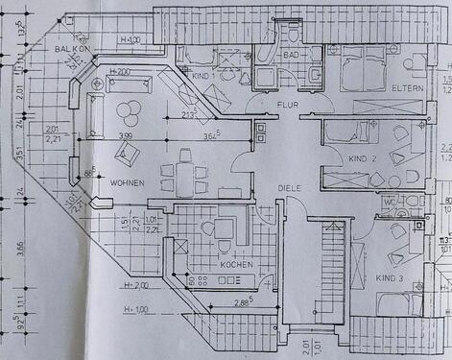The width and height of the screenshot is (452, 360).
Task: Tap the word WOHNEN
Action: pyautogui.click(x=128, y=182)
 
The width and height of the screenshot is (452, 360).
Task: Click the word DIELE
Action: pyautogui.click(x=289, y=188)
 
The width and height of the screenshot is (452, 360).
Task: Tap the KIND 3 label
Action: pyautogui.click(x=389, y=276)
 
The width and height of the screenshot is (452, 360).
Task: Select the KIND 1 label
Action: pyautogui.click(x=202, y=74)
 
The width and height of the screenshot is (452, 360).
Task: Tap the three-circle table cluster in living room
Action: pyautogui.click(x=126, y=113)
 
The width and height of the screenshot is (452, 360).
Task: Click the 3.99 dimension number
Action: pyautogui.click(x=125, y=136)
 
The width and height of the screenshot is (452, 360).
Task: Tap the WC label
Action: pyautogui.click(x=389, y=202)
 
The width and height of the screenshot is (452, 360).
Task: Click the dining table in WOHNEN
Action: pyautogui.click(x=183, y=173)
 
